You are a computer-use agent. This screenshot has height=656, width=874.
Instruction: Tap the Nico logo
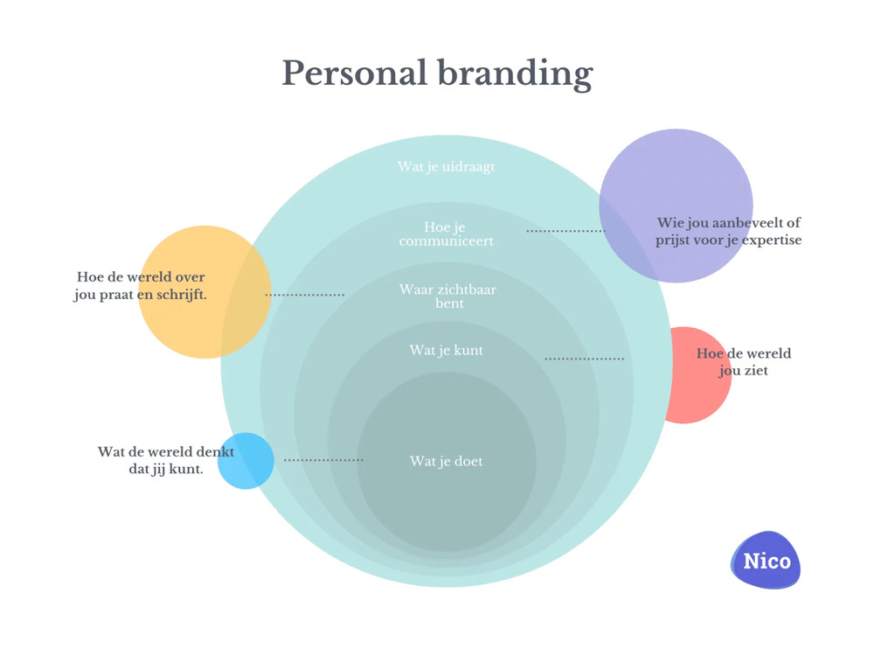[766, 561]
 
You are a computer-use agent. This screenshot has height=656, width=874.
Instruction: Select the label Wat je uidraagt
[446, 166]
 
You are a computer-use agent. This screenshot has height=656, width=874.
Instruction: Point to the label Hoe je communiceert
[446, 234]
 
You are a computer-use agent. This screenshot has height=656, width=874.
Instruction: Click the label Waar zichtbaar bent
[447, 296]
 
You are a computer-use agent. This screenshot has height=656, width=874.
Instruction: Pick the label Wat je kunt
[446, 350]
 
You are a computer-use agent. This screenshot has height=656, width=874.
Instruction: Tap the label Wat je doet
[446, 461]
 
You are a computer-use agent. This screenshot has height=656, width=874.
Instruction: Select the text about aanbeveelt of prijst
[728, 231]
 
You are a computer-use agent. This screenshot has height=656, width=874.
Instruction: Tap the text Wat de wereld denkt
[165, 460]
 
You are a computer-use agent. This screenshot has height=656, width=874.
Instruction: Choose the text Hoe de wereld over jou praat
[140, 285]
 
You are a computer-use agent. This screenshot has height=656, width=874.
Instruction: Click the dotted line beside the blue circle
[323, 459]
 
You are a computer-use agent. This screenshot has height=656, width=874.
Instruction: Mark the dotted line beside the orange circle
[305, 295]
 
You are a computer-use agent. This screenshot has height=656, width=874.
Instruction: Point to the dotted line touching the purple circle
[565, 231]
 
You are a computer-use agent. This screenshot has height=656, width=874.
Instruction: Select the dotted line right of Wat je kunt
[584, 359]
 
